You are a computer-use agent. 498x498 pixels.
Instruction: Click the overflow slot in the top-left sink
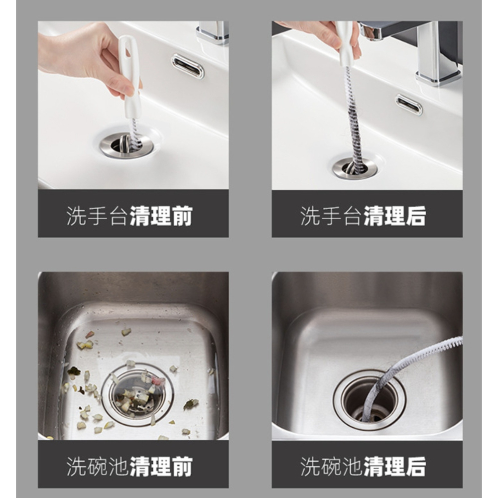188,66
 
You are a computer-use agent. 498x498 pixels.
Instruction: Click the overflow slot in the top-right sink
409,105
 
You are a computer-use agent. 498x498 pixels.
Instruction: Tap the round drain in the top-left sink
126,145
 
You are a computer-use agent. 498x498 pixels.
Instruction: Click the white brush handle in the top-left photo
130,75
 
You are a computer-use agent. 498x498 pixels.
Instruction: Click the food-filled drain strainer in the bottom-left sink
137,391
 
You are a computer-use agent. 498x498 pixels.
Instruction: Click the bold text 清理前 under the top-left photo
161,217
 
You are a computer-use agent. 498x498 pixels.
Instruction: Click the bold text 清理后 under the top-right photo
394,217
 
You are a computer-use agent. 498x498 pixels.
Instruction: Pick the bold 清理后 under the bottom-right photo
394,467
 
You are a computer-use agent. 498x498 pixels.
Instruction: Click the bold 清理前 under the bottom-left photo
161,467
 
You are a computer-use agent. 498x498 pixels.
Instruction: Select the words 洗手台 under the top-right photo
331,217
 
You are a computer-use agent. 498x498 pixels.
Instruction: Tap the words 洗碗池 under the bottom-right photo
331,467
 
